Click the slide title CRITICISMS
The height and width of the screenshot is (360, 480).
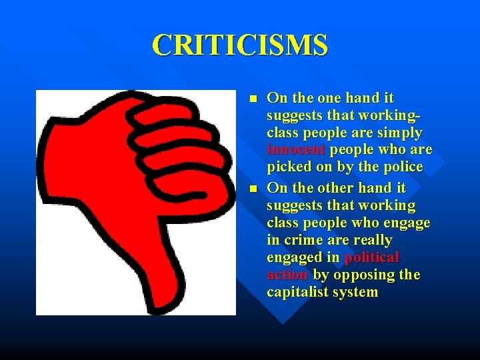240,45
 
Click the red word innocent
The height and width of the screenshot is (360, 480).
296,149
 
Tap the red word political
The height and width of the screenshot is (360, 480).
371,257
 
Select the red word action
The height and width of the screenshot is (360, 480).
287,275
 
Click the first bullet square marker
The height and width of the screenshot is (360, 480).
251,99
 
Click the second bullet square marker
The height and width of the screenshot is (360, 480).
251,189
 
